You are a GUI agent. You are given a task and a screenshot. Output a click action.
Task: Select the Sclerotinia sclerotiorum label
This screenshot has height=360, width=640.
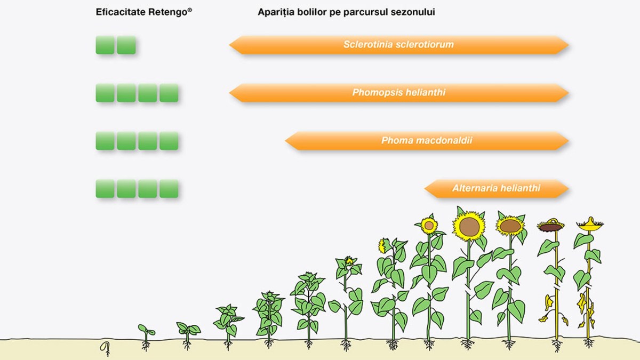tap(398, 45)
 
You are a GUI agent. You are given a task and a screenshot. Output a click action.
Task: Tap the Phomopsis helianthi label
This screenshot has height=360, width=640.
tap(398, 93)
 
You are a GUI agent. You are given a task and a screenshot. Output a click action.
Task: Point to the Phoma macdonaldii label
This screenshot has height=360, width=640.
tap(427, 141)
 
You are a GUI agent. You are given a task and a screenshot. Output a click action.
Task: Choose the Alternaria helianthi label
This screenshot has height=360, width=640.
tap(497, 188)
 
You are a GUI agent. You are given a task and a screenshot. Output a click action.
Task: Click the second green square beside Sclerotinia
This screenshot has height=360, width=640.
tap(126, 45)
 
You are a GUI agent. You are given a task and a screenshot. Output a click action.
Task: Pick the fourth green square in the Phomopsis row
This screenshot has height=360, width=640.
tap(169, 93)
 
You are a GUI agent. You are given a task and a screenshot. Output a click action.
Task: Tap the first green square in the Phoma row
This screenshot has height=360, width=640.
tap(105, 141)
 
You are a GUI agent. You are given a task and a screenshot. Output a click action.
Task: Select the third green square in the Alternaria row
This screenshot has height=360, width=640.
tap(147, 189)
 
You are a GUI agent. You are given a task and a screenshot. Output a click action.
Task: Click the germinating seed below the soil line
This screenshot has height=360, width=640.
tap(105, 348)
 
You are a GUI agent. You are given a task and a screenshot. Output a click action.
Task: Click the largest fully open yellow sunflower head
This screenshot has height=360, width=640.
tap(469, 226)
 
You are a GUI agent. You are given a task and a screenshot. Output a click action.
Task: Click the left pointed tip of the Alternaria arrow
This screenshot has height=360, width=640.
tap(425, 189)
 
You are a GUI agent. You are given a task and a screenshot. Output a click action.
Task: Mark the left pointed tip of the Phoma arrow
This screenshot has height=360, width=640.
tap(285, 141)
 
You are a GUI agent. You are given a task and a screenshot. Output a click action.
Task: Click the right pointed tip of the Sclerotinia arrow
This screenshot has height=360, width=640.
tap(569, 45)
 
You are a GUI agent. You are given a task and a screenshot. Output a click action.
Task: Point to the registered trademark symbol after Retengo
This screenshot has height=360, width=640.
tap(190, 10)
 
